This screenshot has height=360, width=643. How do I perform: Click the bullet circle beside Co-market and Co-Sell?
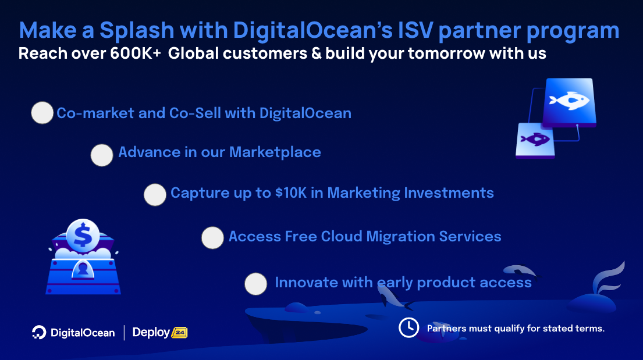42,113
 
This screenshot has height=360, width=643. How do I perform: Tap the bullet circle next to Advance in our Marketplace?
102,155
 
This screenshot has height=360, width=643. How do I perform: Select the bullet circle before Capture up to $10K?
155,195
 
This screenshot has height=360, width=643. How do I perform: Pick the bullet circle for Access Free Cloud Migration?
212,238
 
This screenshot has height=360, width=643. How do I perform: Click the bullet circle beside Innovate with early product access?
255,284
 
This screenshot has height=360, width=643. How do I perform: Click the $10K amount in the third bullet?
290,193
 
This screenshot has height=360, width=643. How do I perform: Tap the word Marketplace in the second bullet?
275,152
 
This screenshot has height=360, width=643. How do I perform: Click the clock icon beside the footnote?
408,327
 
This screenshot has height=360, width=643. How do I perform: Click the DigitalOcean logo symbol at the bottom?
39,332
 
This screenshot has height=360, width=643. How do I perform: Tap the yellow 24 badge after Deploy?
179,333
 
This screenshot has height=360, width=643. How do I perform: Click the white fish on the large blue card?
567,101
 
